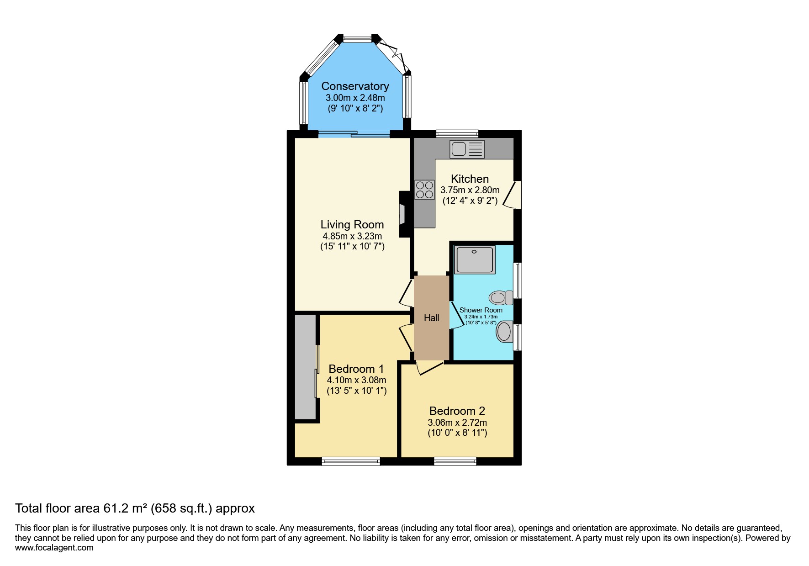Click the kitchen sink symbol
click(467, 149)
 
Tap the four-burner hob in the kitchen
click(424, 190)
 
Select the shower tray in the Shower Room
click(475, 259)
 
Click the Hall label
click(431, 318)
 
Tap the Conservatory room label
click(355, 86)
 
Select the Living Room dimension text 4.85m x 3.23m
click(352, 236)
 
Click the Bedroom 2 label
click(457, 411)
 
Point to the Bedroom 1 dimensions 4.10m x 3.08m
click(356, 380)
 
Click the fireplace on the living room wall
click(403, 214)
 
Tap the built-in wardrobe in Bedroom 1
click(305, 367)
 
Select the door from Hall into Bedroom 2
click(429, 368)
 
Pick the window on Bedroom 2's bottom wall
click(455, 461)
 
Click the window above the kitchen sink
click(457, 134)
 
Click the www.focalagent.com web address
click(54, 548)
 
